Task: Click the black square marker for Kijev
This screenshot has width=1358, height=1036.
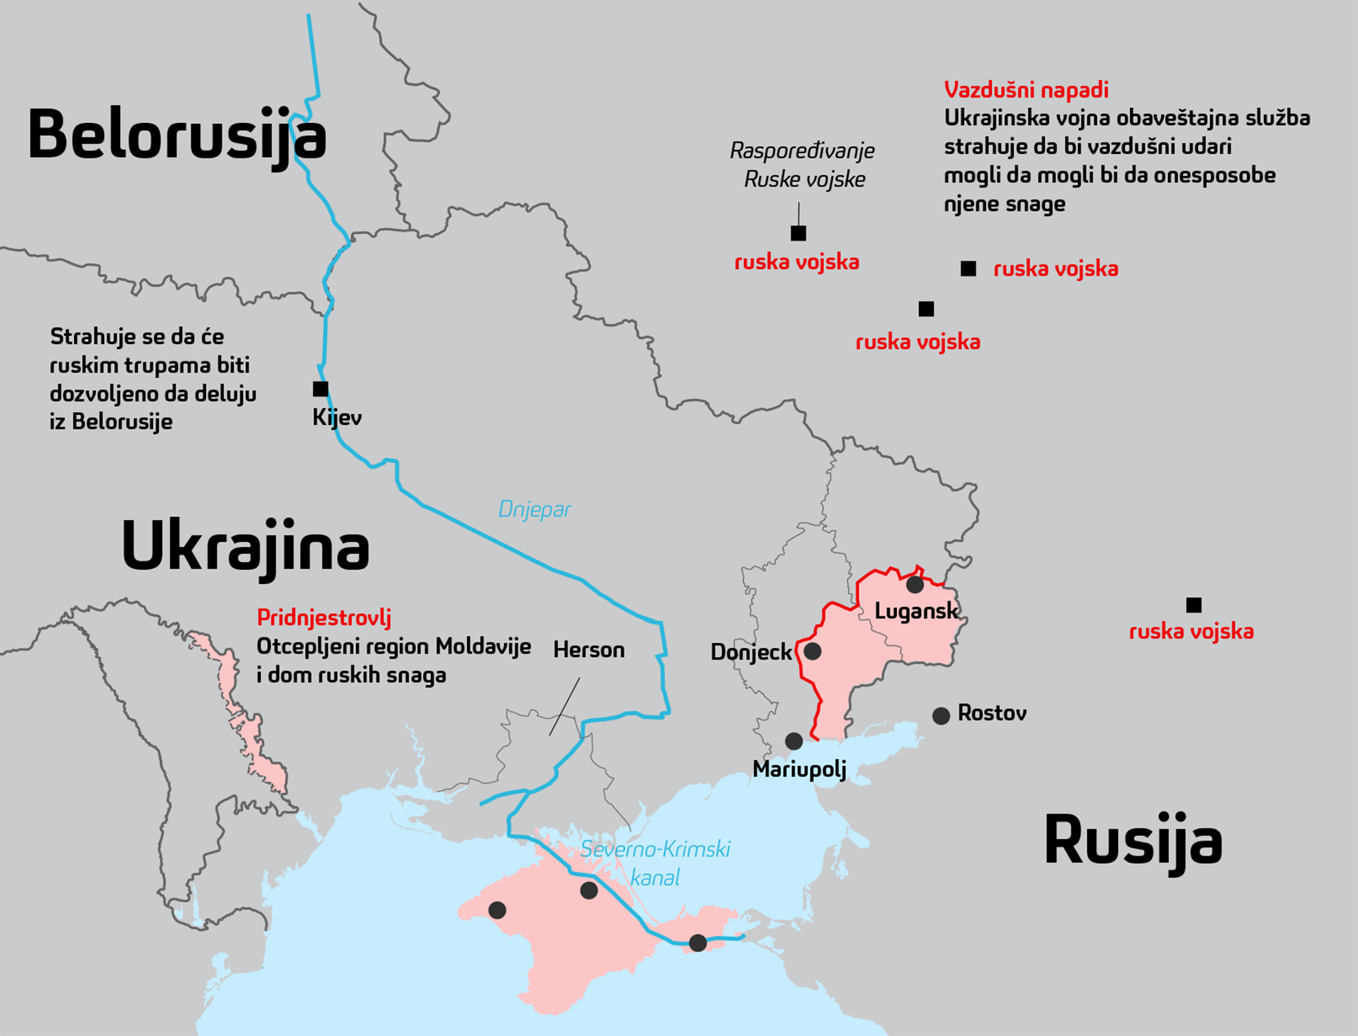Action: (321, 389)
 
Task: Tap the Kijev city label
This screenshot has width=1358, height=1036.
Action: (336, 417)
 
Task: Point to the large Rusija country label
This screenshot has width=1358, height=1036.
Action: (1132, 841)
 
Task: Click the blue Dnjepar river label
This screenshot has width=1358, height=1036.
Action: (534, 509)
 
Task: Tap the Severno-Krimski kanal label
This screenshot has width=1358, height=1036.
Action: (655, 863)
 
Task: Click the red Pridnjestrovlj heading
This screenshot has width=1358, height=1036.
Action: (324, 617)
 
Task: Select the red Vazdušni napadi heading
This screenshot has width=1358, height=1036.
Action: (1026, 90)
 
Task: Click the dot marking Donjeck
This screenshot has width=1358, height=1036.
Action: (813, 650)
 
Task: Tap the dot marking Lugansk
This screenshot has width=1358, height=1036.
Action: (914, 584)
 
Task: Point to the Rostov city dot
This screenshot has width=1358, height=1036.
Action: (941, 715)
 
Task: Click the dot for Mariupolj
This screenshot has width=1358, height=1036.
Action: (794, 741)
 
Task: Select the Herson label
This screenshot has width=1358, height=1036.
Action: (588, 650)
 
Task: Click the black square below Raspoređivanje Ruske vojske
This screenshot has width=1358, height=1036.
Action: (798, 233)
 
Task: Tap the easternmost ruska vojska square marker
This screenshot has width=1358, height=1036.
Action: (1194, 604)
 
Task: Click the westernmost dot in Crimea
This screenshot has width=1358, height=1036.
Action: (497, 910)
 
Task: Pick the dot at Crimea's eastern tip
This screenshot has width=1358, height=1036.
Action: (698, 942)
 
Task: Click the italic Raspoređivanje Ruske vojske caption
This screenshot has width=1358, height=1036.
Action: (803, 164)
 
